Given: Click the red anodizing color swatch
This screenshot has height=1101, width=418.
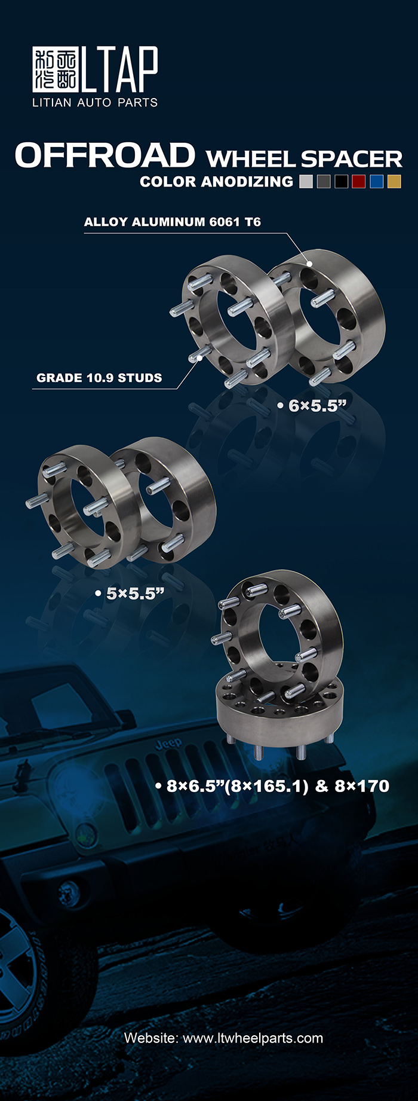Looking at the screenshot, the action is tap(358, 182).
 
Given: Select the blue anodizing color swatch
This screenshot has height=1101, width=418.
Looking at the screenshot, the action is tap(376, 182).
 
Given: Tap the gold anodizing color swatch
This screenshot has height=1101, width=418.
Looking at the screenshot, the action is tap(394, 182).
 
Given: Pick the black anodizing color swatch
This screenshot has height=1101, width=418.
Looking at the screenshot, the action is tap(341, 182).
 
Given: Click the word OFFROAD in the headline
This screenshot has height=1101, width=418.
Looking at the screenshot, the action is tap(105, 155).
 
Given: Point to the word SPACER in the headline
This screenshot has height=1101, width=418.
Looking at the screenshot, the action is tap(352, 159).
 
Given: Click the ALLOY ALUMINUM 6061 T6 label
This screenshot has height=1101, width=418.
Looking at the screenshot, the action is tap(173, 222).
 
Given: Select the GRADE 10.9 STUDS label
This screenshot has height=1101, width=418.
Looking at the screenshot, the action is tap(99, 378).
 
